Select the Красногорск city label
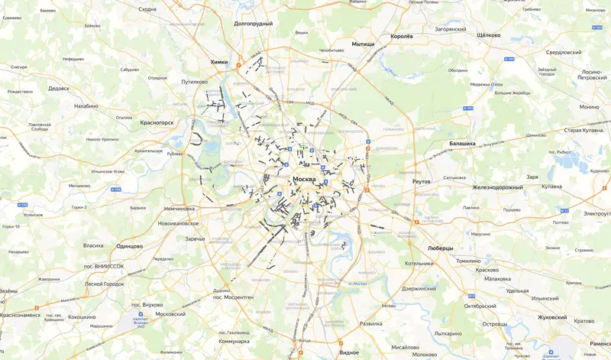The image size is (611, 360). tap(157, 122)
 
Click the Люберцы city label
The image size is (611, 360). tap(440, 248)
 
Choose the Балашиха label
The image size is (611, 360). tap(458, 143)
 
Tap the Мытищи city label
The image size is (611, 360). tap(363, 44)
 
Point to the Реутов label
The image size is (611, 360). tap(422, 181)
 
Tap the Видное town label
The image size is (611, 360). tap(349, 352)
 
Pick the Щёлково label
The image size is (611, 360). tap(488, 35)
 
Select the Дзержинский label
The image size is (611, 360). tap(418, 288)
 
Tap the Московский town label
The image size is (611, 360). tap(170, 314)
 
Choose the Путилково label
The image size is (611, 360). tap(194, 80)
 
